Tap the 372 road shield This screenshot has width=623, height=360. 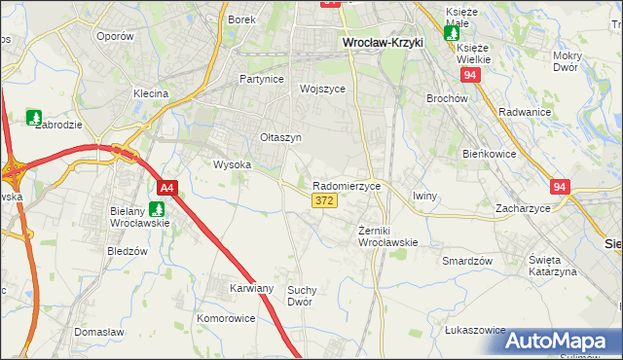tap(325, 200)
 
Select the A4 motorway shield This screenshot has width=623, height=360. tap(167, 188)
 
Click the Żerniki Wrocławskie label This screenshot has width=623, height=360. tap(387, 235)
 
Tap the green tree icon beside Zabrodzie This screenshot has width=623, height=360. tap(34, 118)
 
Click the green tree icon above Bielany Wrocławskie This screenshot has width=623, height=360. tap(157, 207)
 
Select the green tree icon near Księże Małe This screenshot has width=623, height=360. tap(452, 32)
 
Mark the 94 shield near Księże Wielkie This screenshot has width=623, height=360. tap(471, 74)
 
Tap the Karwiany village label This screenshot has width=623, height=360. tap(251, 289)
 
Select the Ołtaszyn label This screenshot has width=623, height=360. tap(280, 138)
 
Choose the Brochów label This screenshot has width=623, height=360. tap(447, 98)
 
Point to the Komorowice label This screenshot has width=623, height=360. tap(226, 318)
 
